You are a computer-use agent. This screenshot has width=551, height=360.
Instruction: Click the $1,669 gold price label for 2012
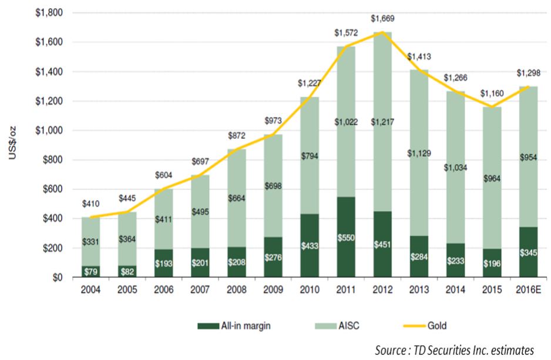point(382,19)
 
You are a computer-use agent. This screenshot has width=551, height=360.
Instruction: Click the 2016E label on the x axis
point(529,291)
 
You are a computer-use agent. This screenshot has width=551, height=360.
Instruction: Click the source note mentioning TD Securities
point(455,350)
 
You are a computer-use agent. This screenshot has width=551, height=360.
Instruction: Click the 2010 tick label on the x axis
point(309,291)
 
